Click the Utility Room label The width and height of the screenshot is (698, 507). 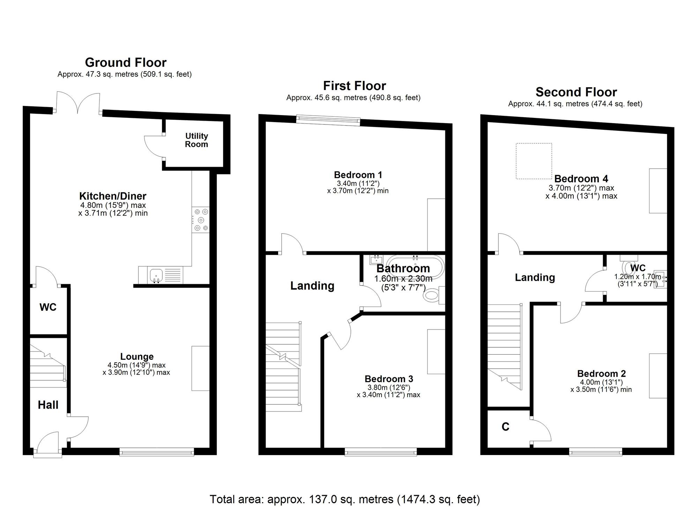coord(196,140)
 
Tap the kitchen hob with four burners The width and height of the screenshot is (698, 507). coord(201,220)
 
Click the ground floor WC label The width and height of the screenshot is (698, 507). coord(48,307)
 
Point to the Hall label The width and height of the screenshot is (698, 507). coord(48,405)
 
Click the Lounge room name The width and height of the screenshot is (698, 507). coord(137,356)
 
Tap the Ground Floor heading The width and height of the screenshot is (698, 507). coord(126,62)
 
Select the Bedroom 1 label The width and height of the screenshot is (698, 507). coord(358,175)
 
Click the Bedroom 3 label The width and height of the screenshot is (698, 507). coord(389,379)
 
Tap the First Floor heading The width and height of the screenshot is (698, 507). coord(354,86)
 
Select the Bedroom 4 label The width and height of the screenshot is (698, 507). coord(581,179)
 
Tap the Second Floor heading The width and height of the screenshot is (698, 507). coord(576,92)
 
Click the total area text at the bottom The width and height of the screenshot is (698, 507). coord(345,499)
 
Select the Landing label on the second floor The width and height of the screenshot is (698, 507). coord(535,278)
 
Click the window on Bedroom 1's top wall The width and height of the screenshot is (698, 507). coord(328,120)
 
